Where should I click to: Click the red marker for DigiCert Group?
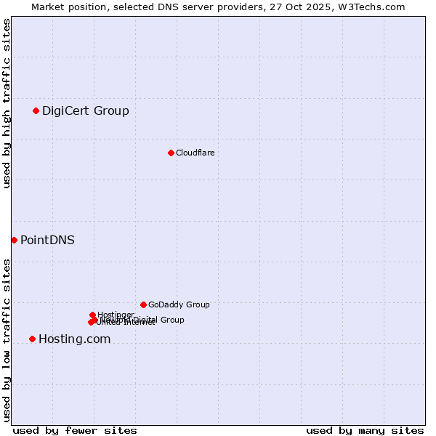(x=36, y=110)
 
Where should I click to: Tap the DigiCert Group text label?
(x=86, y=111)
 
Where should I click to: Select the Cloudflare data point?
(x=171, y=153)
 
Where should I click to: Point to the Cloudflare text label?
(x=195, y=153)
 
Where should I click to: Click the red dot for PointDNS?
(x=14, y=240)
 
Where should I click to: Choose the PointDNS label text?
(x=47, y=241)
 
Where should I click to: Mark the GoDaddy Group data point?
(x=143, y=304)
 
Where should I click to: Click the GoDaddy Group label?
(x=179, y=305)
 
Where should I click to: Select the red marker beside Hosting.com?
(x=32, y=339)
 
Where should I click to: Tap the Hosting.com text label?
(x=74, y=339)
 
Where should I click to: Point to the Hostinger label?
(x=116, y=315)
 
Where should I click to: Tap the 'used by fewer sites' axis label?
(x=75, y=430)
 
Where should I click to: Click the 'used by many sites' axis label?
(x=365, y=430)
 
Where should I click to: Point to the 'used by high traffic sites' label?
(x=7, y=103)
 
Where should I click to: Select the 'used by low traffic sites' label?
(x=7, y=340)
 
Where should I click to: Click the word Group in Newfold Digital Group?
(x=172, y=320)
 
